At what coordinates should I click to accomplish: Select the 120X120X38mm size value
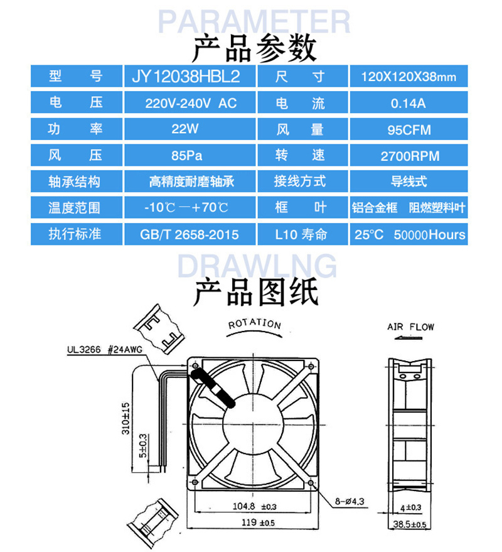[409, 77]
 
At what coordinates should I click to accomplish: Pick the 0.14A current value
[409, 103]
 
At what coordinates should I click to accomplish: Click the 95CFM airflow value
[409, 130]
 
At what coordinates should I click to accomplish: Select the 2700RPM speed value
[409, 156]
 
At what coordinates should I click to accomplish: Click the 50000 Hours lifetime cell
[409, 235]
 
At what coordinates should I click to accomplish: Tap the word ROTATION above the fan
[254, 325]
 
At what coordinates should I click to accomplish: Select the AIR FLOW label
[410, 327]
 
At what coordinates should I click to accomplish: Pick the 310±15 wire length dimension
[125, 419]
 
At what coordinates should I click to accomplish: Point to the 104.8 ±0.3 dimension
[254, 506]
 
